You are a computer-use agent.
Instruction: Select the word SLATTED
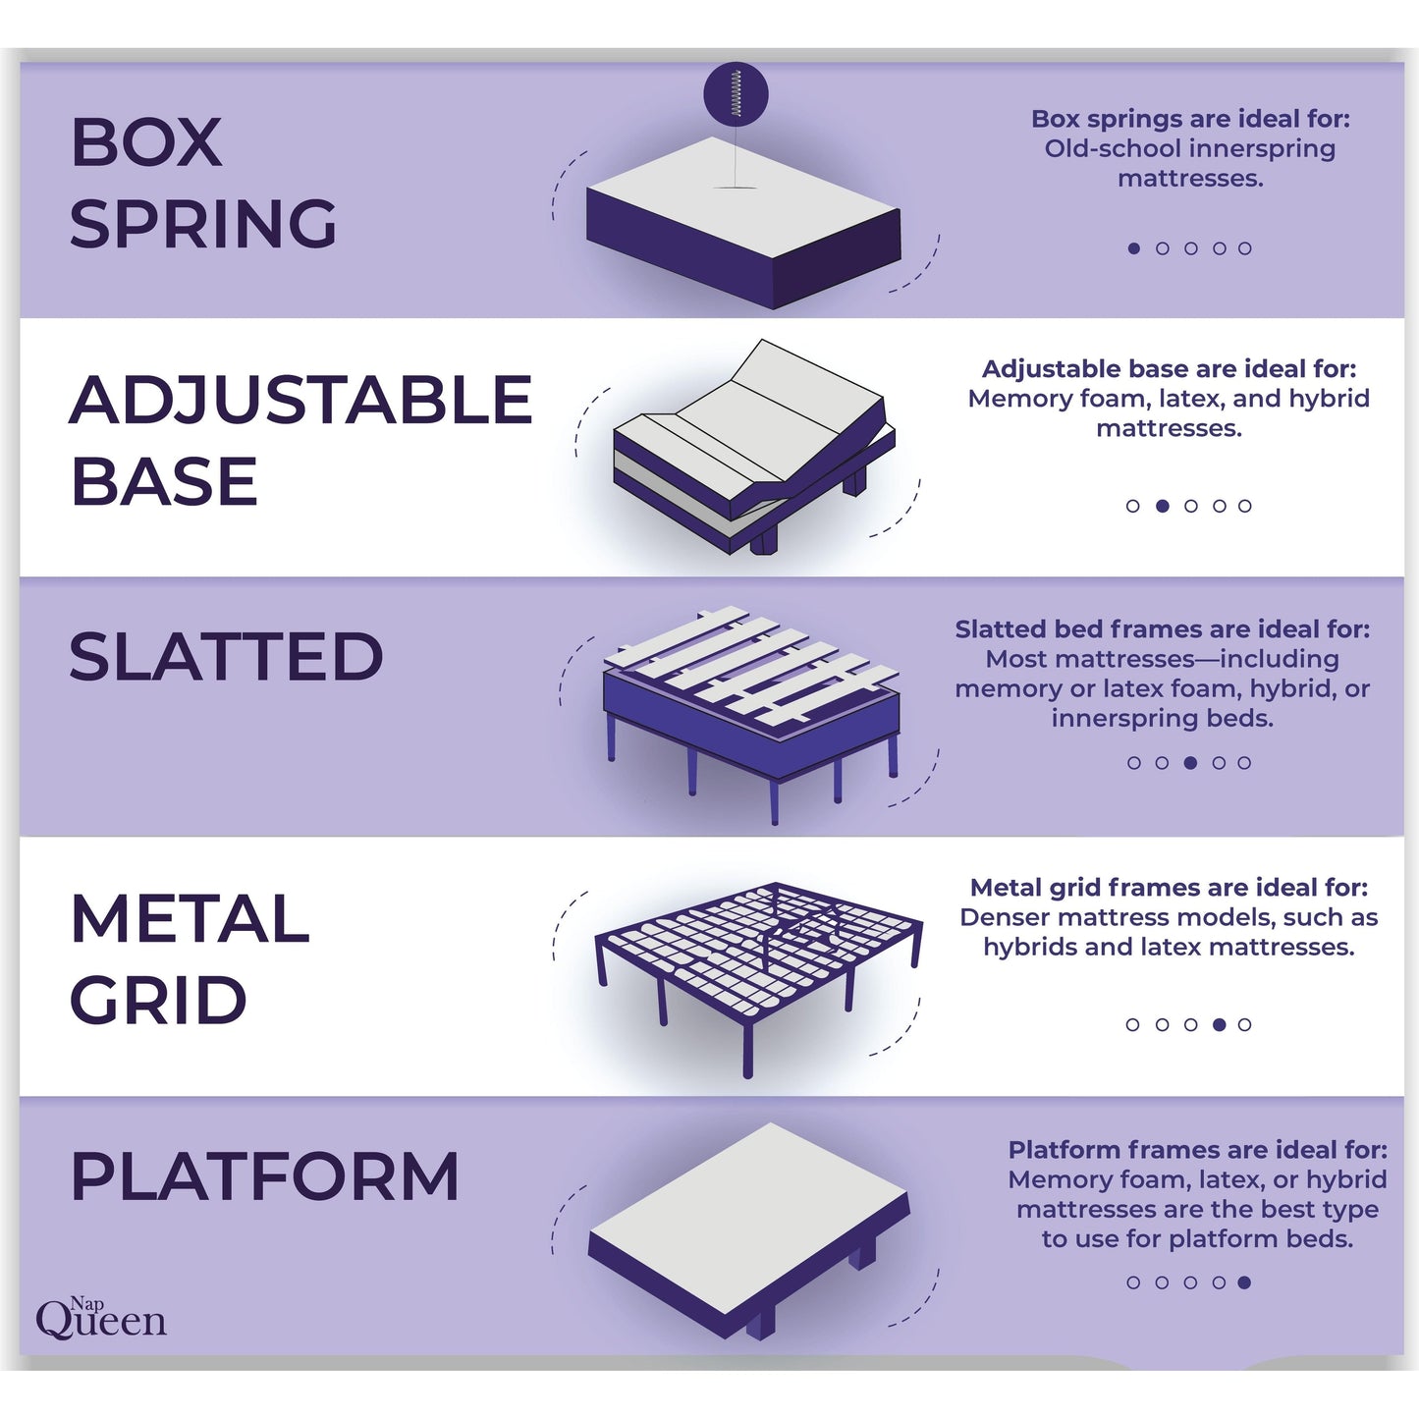[x=226, y=656]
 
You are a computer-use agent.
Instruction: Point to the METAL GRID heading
[x=190, y=958]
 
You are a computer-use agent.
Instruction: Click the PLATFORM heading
[x=264, y=1175]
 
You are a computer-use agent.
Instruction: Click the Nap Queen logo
[x=100, y=1318]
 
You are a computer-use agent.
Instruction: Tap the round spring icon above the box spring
[x=736, y=94]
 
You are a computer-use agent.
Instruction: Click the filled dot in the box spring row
[x=1134, y=248]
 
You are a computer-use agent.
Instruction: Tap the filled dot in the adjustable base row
[x=1163, y=506]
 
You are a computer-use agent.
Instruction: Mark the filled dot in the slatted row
[x=1190, y=763]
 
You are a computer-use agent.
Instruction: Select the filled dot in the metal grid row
[x=1219, y=1024]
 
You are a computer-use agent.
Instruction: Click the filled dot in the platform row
[x=1244, y=1282]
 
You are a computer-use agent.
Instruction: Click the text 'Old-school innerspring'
[x=1189, y=149]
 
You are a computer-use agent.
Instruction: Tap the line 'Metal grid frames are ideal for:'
[x=1169, y=888]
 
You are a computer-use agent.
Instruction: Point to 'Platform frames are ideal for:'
[x=1197, y=1150]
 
